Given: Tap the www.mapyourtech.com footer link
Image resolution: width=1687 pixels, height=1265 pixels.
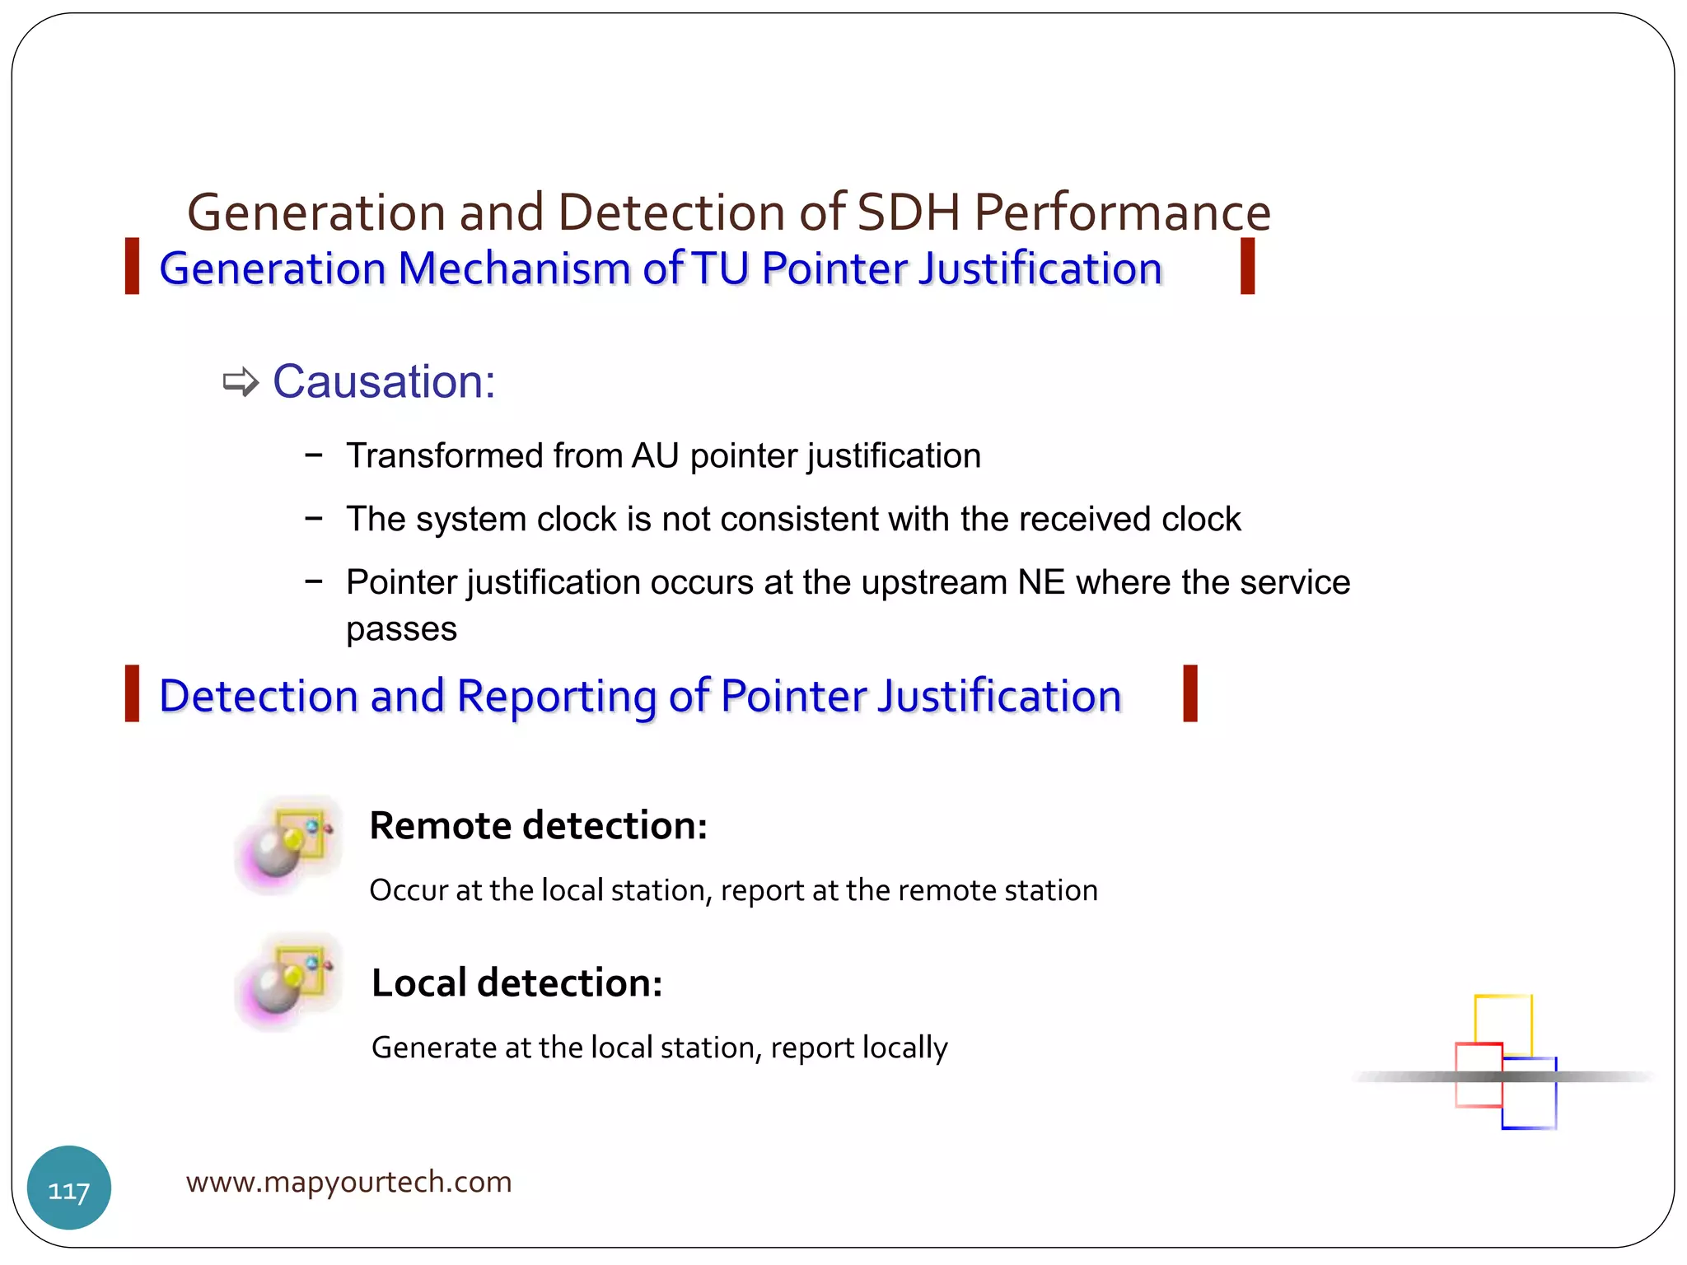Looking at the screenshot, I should pos(348,1182).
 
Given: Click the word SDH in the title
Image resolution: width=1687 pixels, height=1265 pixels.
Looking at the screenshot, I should pos(908,212).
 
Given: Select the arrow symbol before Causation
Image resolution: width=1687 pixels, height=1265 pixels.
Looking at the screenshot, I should pos(241,382).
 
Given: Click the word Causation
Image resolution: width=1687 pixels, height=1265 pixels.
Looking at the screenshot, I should pos(383,382).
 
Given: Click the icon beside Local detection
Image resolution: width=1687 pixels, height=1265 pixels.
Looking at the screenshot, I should pos(287,981).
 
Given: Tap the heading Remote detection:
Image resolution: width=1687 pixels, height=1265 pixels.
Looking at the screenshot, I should pos(538,825).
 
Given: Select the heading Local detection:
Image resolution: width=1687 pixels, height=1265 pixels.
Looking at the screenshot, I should pos(516,983).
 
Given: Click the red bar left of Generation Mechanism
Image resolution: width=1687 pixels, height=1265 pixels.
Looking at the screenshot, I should pos(132,266).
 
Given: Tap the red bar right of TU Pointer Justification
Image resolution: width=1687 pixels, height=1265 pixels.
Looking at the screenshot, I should pos(1247,266).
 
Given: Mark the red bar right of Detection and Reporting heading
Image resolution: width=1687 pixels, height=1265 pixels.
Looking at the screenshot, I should pos(1189,693).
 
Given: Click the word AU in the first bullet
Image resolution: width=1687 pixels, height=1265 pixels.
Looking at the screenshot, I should pos(656,456).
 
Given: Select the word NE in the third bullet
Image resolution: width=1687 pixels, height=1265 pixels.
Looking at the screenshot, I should pos(1041,582).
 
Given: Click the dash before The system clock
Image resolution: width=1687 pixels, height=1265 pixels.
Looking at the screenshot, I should pos(313,519).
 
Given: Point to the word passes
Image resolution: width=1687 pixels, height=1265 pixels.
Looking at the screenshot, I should pos(401,630).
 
